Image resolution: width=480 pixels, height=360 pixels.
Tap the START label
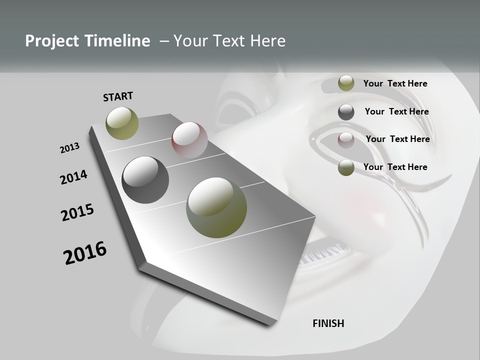point(118,96)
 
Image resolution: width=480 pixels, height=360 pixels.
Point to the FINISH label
point(328,323)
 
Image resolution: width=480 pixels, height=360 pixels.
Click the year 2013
point(69,148)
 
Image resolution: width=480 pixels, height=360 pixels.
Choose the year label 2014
point(73,177)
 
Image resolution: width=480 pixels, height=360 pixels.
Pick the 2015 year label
point(77,212)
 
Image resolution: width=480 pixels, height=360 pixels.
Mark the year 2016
point(85,252)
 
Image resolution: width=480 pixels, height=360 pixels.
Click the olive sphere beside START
point(122,123)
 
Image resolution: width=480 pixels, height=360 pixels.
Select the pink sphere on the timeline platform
point(189,139)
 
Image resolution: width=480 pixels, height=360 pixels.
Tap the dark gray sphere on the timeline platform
point(145,180)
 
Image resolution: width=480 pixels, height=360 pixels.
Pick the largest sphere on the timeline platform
point(216,207)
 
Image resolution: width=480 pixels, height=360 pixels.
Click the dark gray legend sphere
point(346,112)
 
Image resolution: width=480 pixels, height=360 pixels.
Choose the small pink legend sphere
point(346,140)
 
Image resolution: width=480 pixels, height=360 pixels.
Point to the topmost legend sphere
point(346,83)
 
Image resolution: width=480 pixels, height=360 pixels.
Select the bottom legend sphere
point(346,167)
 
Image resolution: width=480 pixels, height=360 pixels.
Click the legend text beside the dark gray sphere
point(396,111)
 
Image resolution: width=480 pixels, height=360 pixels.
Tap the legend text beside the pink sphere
point(397,139)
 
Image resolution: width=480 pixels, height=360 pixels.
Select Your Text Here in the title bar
point(229,41)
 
